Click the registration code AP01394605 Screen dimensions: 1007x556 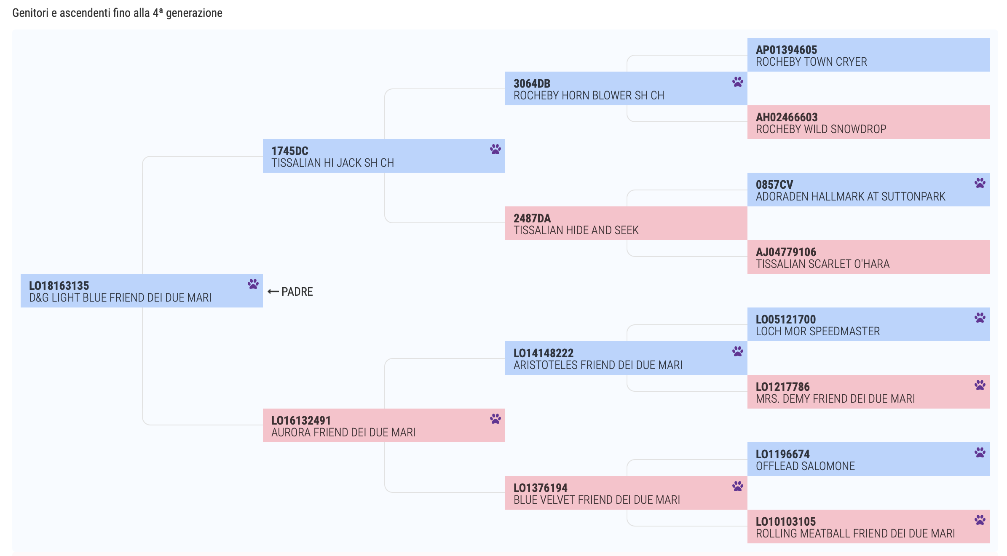point(786,50)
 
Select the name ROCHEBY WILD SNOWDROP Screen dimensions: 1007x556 point(821,129)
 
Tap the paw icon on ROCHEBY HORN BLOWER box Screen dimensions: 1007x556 point(737,82)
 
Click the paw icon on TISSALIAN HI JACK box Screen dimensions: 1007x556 point(495,149)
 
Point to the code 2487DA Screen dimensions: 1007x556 point(532,218)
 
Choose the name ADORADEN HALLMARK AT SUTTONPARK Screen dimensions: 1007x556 point(850,196)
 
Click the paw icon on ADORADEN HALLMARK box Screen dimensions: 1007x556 point(980,183)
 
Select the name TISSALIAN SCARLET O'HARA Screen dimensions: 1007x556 point(822,264)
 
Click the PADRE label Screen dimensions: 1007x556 point(297,291)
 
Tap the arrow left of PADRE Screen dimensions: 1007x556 point(273,291)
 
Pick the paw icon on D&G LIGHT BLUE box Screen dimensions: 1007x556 point(253,284)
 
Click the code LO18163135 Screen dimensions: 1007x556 point(59,286)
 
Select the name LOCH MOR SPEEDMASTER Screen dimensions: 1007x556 point(818,331)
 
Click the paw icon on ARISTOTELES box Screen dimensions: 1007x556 point(737,351)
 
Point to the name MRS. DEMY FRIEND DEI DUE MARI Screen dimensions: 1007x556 point(835,398)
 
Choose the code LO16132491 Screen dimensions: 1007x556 point(301,420)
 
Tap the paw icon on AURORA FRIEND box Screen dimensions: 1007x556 point(495,419)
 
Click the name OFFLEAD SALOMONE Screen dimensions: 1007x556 point(805,466)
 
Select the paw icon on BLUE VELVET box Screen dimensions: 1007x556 point(737,486)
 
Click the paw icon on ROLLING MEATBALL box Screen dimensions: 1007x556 point(980,520)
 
